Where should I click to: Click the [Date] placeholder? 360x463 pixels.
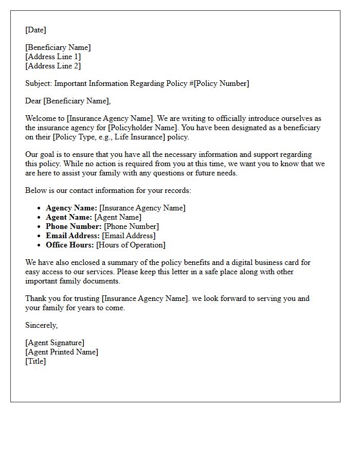[x=35, y=30]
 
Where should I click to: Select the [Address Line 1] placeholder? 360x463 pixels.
[x=53, y=57]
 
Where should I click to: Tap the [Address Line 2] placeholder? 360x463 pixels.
[x=53, y=66]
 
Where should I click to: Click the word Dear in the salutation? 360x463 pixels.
[x=33, y=101]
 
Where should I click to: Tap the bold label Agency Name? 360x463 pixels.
[x=71, y=208]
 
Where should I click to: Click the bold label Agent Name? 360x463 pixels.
[x=69, y=217]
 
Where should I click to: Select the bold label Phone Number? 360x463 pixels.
[x=74, y=226]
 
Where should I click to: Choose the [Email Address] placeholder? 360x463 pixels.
[x=129, y=236]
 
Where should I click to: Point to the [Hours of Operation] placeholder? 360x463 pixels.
[x=131, y=245]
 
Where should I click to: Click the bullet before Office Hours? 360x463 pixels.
[x=40, y=245]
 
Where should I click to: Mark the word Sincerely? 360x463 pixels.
[x=41, y=325]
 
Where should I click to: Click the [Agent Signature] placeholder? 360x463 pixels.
[x=55, y=343]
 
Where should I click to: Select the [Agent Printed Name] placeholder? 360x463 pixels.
[x=62, y=352]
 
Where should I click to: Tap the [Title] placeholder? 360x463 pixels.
[x=35, y=361]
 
